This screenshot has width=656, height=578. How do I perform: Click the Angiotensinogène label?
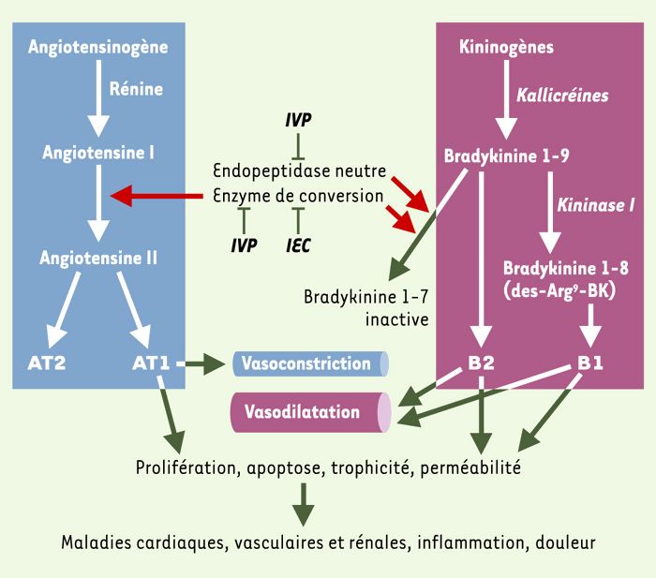point(97,47)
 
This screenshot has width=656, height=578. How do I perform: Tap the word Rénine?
point(136,89)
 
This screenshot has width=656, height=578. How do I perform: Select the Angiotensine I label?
point(98,153)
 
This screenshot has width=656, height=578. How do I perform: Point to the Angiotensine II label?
point(98,258)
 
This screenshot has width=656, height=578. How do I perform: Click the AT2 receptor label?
point(47,363)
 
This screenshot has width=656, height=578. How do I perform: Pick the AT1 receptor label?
point(151,363)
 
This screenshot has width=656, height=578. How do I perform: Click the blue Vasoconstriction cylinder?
point(310,363)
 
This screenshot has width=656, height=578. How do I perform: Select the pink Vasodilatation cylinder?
point(311,412)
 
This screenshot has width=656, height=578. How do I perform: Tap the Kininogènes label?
point(506,47)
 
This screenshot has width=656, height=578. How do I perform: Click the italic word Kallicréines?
point(562,96)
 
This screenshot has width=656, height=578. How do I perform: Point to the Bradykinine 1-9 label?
point(506,156)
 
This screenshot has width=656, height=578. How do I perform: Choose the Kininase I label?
point(596,205)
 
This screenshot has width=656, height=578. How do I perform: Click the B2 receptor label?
point(481,363)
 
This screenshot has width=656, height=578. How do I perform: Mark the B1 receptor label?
point(589,363)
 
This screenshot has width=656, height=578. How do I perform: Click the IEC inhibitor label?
point(298,245)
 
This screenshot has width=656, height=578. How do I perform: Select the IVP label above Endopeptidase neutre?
point(298,120)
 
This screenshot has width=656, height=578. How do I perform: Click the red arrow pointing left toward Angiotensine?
point(157,196)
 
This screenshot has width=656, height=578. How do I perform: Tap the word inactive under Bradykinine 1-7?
point(397,319)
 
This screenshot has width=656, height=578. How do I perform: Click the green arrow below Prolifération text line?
point(303,504)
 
